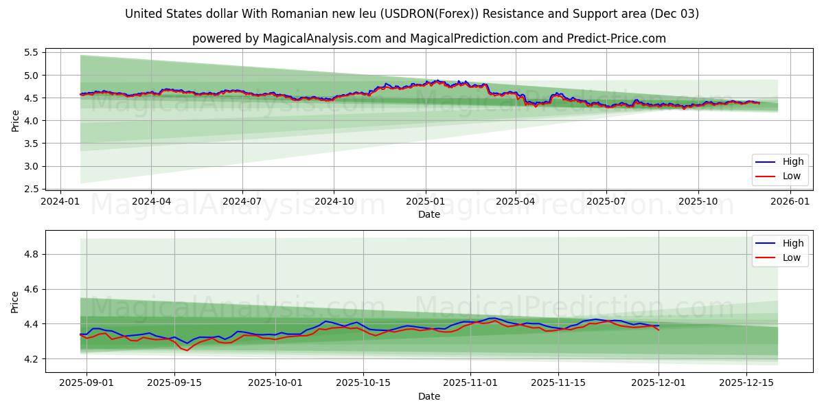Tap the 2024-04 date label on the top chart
(151, 202)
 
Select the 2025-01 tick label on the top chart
(425, 202)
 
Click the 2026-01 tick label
(790, 202)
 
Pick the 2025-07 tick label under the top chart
(606, 202)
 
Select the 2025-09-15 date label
(174, 383)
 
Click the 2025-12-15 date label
(746, 383)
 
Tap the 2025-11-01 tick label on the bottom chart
(470, 383)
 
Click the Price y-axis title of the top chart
(15, 120)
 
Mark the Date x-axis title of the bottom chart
(428, 396)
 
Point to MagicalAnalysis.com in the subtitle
(321, 38)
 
